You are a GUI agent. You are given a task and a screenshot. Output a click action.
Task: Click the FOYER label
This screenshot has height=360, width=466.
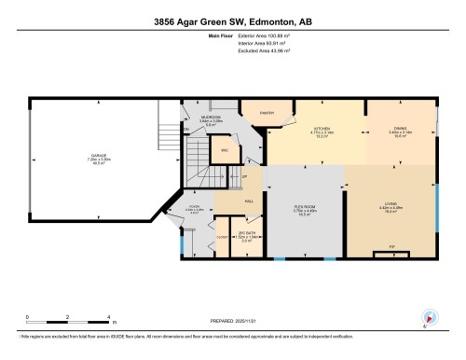(x=193, y=207)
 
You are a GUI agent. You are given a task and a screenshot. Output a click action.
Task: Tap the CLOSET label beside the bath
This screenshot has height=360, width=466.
(x=221, y=238)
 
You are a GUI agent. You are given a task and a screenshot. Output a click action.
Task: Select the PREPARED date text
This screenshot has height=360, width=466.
(x=232, y=323)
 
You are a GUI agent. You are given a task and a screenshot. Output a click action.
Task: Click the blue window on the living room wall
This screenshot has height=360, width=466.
(x=437, y=203)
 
